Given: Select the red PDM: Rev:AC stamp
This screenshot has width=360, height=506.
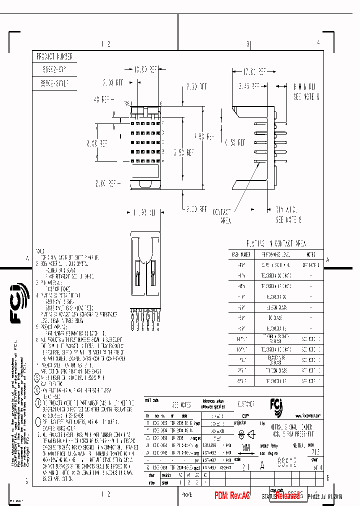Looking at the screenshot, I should click(x=232, y=495).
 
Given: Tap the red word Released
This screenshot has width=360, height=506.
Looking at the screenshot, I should click(x=287, y=495).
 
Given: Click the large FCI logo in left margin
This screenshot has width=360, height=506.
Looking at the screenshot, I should click(x=20, y=303).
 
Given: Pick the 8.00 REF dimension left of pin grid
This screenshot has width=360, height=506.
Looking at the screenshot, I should click(x=97, y=143).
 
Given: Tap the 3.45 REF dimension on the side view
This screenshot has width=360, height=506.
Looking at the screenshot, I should click(x=249, y=85).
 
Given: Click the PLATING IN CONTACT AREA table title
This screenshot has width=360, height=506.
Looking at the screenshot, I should click(x=276, y=243).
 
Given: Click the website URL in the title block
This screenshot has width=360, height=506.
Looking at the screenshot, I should click(x=303, y=415).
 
